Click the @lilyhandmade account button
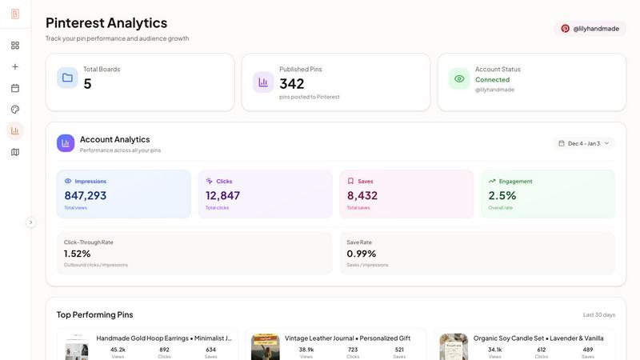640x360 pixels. tap(590, 28)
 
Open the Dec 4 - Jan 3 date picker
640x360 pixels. tap(585, 143)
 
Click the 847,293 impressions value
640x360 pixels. tap(86, 195)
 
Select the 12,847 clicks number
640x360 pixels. tap(222, 195)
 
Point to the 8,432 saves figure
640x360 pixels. tap(362, 195)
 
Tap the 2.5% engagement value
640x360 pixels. tap(502, 195)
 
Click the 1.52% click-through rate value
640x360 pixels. tap(78, 254)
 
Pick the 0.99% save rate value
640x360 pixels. tap(362, 254)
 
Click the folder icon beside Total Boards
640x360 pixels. tap(67, 78)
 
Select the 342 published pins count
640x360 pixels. tap(292, 83)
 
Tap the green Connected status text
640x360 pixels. tap(492, 80)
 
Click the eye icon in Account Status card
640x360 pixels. tap(459, 78)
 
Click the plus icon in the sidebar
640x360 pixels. tap(15, 66)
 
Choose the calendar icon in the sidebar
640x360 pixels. tap(15, 88)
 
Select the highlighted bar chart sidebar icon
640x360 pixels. tap(15, 130)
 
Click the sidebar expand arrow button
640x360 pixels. tap(31, 222)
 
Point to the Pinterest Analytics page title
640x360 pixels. tap(106, 22)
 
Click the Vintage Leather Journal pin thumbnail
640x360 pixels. tap(266, 347)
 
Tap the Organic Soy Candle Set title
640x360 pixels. tap(538, 338)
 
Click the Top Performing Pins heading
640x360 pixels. tap(94, 314)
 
